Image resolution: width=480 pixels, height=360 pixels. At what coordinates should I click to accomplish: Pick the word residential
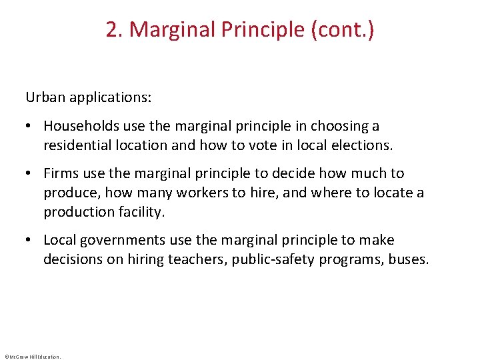pyautogui.click(x=75, y=145)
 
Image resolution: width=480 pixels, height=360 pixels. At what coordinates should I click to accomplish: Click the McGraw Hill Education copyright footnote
pyautogui.click(x=32, y=357)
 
